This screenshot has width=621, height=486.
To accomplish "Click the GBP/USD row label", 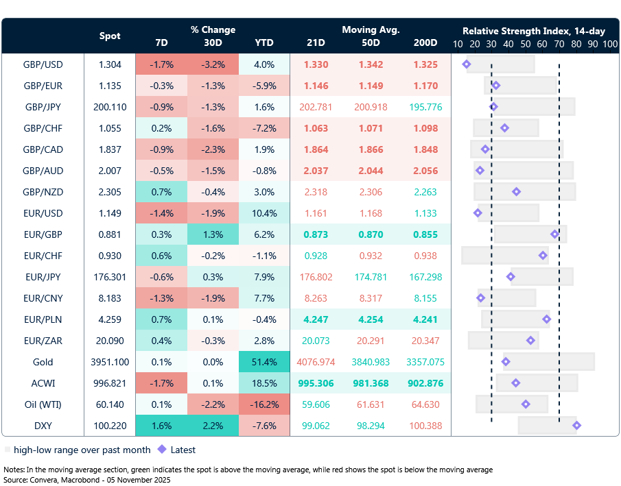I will point(43,64).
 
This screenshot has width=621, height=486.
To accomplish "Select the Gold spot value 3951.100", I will point(110,362).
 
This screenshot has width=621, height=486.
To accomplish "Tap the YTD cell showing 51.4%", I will point(264,362).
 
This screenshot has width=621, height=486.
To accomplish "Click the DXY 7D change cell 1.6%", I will point(162,426).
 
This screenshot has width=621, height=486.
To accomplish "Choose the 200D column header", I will point(425,42).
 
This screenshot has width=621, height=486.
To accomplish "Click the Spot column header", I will point(110,36).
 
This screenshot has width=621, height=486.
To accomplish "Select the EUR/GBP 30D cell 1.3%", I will point(213,234).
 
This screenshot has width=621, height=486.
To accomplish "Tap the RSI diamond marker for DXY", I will point(576,426).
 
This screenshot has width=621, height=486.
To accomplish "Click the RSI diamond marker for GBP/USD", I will point(467,64).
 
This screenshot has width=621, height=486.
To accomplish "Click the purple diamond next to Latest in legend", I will point(163,450).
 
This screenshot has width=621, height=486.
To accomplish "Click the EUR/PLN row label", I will point(43,319).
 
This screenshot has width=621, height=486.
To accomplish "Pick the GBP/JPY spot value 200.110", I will point(110,107).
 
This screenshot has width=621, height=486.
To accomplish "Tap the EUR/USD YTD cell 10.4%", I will point(264,213).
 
